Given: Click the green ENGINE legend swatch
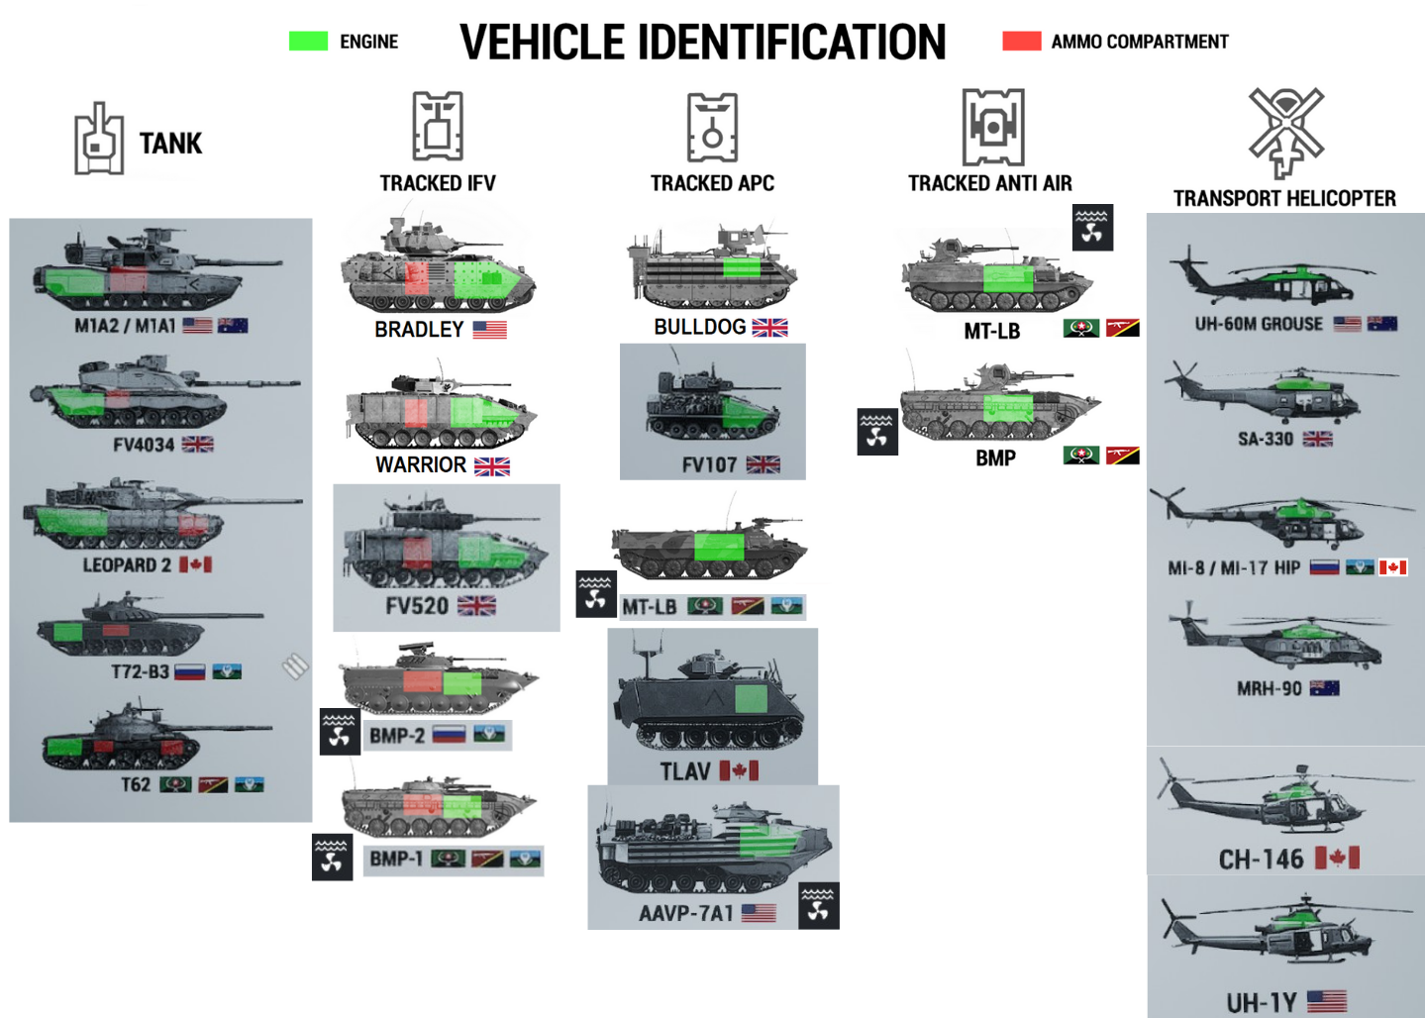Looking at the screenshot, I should [308, 41].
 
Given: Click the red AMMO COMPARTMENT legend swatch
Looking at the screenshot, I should [1021, 41].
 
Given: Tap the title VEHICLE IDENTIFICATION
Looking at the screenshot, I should [702, 43].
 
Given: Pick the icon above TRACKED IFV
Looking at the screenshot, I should [438, 127].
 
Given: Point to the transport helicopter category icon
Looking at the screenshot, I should [1285, 131].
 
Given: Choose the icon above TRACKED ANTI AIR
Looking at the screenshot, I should [993, 127].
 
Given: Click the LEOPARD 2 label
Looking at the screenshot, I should [127, 565].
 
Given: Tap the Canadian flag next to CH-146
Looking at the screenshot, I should [1337, 858].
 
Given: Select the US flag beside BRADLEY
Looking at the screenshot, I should [489, 330].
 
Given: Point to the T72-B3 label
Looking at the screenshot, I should [140, 671].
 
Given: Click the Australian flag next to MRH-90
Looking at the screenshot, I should [1324, 688].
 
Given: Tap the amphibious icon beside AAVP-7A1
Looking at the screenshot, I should [818, 905].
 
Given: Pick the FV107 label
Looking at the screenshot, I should [709, 464].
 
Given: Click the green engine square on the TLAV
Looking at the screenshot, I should [751, 699].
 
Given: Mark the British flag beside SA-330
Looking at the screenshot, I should [1317, 439].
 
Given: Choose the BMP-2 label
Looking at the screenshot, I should [397, 735].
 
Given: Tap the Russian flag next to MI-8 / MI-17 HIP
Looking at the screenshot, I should [1324, 567].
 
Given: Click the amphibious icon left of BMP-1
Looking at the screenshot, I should [332, 857].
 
